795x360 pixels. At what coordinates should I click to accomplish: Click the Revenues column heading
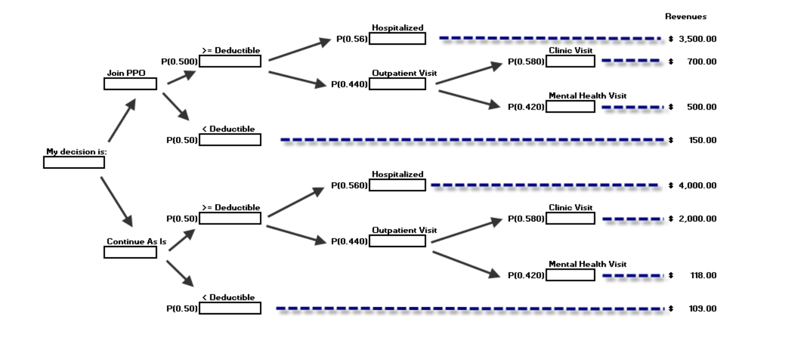[686, 16]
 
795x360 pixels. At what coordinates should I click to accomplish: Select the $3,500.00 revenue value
[697, 39]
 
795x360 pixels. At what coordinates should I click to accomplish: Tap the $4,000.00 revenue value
[697, 185]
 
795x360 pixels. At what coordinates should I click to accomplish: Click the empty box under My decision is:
[74, 163]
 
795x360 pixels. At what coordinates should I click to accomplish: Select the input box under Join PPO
[130, 84]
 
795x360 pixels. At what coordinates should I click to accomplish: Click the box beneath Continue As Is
[130, 253]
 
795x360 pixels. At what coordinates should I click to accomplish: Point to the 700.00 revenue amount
[701, 62]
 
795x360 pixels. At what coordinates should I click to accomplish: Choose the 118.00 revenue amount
[703, 275]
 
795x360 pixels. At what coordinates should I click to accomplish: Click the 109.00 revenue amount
[702, 308]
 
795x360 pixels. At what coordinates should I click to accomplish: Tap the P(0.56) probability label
[352, 39]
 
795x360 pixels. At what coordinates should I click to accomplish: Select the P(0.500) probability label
[179, 62]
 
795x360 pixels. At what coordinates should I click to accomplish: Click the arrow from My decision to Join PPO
[122, 120]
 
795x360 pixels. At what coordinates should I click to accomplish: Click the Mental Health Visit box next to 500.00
[570, 107]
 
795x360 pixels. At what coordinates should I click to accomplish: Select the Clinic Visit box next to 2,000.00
[570, 219]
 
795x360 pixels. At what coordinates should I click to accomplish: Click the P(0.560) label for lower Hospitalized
[349, 185]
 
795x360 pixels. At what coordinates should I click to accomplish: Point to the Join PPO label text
[126, 73]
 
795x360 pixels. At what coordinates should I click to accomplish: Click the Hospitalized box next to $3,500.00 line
[397, 39]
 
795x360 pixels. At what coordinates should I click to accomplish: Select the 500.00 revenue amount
[701, 107]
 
